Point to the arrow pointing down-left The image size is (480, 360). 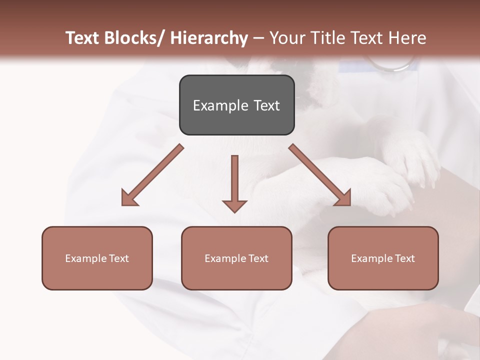click(x=152, y=175)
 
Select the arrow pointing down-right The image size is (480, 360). click(x=320, y=175)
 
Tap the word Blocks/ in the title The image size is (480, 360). click(x=133, y=38)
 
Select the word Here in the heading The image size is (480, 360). click(x=407, y=38)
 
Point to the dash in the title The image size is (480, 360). click(x=258, y=38)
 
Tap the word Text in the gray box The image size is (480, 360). click(x=266, y=106)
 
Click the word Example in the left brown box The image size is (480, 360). click(x=86, y=258)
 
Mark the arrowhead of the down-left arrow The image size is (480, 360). click(x=129, y=198)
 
